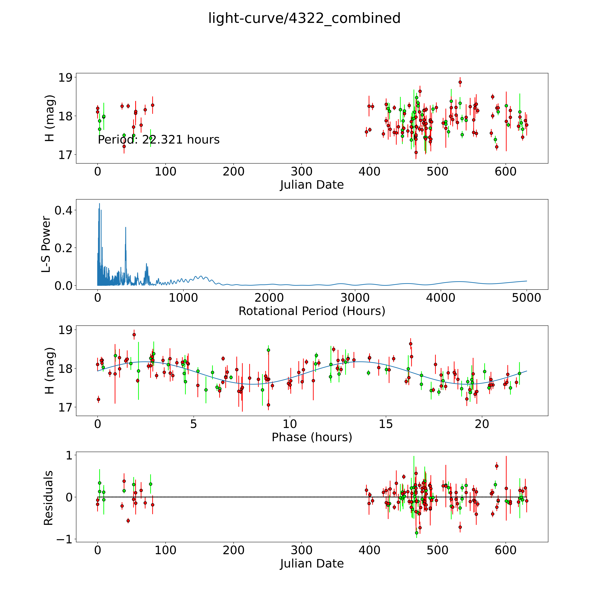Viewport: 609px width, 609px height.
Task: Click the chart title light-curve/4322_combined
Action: (x=304, y=18)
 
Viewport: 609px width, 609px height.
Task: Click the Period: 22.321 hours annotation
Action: (x=159, y=140)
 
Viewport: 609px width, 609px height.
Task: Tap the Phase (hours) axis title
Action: (x=312, y=437)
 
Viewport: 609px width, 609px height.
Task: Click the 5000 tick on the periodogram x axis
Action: (x=526, y=298)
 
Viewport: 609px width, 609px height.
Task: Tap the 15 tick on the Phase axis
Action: (x=386, y=424)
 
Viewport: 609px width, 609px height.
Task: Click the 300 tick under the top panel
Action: (x=302, y=171)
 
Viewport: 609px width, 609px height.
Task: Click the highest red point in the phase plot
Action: (x=134, y=334)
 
